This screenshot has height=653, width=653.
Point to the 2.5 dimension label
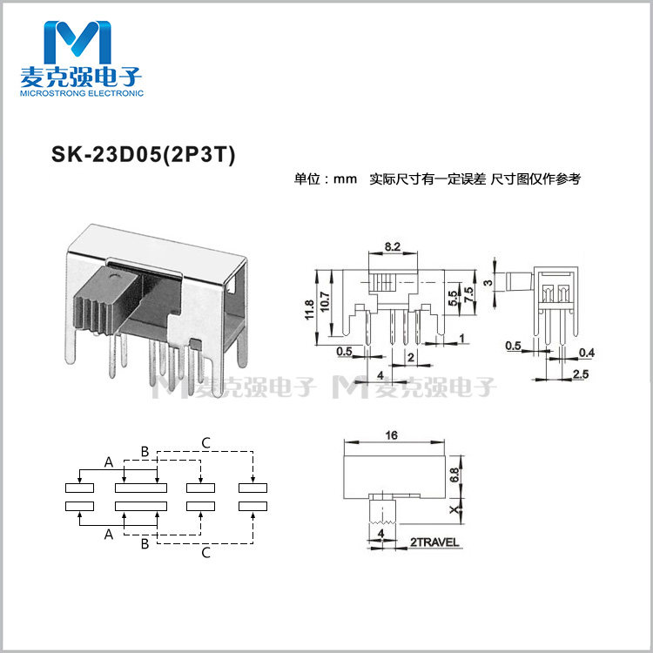pyautogui.click(x=581, y=374)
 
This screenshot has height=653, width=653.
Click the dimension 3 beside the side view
pyautogui.click(x=489, y=280)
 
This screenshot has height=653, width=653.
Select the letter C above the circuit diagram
pyautogui.click(x=205, y=441)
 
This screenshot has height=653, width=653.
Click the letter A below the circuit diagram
pyautogui.click(x=109, y=535)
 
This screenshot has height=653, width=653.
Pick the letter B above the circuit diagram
pyautogui.click(x=145, y=451)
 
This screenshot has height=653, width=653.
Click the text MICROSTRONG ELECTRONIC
pyautogui.click(x=80, y=91)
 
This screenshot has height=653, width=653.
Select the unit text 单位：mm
pyautogui.click(x=326, y=178)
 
